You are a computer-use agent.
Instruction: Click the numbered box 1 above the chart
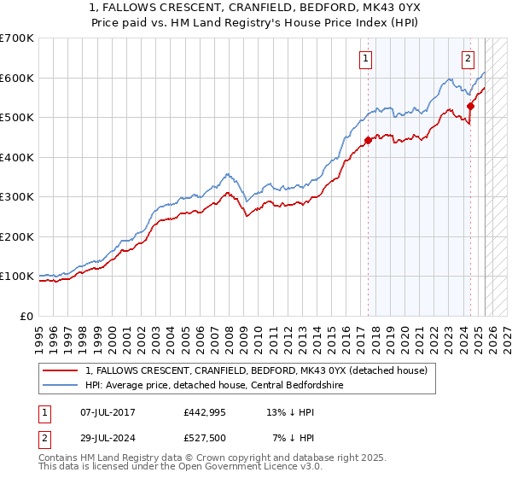[x=365, y=59]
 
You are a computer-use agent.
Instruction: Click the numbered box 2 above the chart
[x=468, y=59]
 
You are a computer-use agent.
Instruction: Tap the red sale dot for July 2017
[x=368, y=140]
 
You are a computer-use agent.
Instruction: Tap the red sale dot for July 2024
[x=470, y=107]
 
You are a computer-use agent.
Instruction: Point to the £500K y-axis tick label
[x=17, y=118]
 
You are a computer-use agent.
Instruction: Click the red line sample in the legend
[x=61, y=370]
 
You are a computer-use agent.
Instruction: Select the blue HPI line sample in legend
[x=61, y=385]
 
